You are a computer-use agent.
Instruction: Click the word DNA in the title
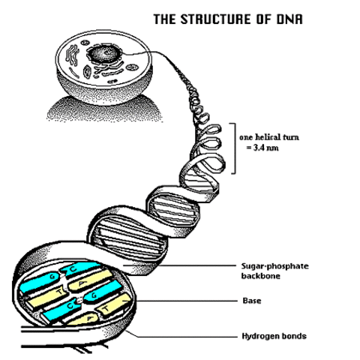[287, 19]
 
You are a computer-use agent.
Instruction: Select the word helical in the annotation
[268, 138]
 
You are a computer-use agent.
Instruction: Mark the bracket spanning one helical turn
[234, 148]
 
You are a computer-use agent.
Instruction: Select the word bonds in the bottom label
[293, 336]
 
